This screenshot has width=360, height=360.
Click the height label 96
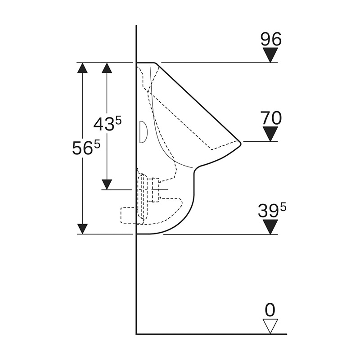point(270,40)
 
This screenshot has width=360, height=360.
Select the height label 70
point(270,118)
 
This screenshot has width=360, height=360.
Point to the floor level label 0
point(270,310)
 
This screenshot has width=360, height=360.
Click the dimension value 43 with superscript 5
point(108,124)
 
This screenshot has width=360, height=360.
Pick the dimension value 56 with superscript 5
point(85,147)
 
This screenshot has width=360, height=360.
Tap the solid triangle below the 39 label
point(270,227)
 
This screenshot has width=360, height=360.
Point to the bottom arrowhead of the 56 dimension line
point(82,229)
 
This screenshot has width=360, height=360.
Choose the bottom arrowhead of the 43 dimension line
point(107,184)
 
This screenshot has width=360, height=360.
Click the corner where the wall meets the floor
point(136,334)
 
